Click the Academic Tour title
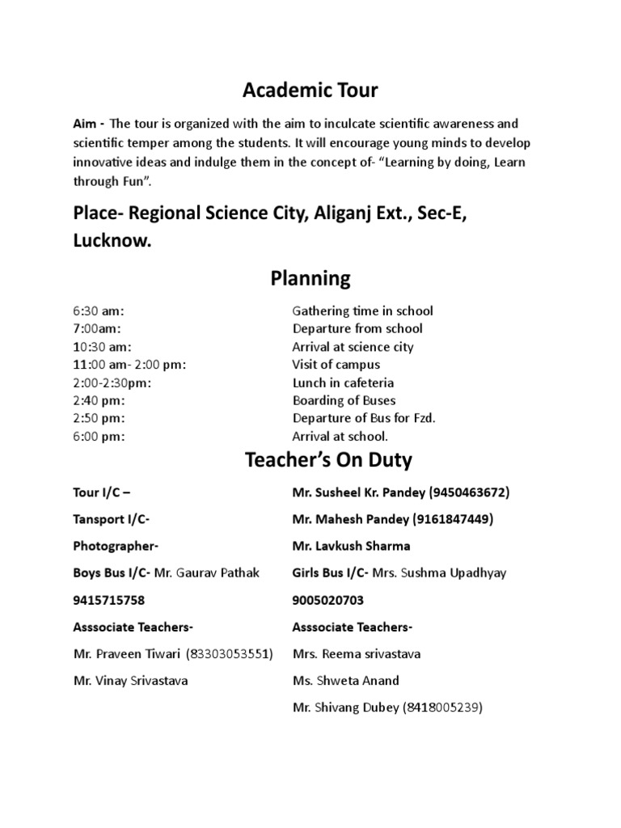pyautogui.click(x=310, y=91)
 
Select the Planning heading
pyautogui.click(x=310, y=279)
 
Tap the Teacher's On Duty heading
pyautogui.click(x=328, y=461)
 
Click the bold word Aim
pyautogui.click(x=85, y=124)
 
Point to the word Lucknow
pyautogui.click(x=112, y=242)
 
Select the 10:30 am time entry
pyautogui.click(x=101, y=347)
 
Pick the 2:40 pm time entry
pyautogui.click(x=98, y=401)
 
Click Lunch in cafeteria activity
pyautogui.click(x=343, y=383)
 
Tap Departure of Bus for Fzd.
pyautogui.click(x=363, y=419)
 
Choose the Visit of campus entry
pyautogui.click(x=336, y=365)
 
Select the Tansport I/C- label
pyautogui.click(x=111, y=519)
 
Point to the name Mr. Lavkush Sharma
pyautogui.click(x=351, y=547)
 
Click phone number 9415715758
pyautogui.click(x=109, y=601)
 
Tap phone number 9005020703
pyautogui.click(x=329, y=601)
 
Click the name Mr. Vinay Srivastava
pyautogui.click(x=130, y=681)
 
